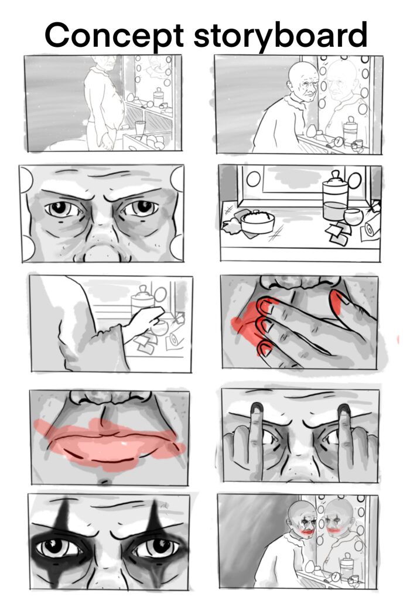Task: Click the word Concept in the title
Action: click(x=114, y=35)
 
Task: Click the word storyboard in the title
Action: click(x=281, y=35)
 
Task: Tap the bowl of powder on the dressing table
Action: click(x=257, y=221)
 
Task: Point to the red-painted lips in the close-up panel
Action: click(x=110, y=444)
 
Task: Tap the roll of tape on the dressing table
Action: click(x=370, y=228)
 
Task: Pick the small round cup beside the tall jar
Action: click(x=354, y=216)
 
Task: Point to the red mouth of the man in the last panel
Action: click(x=307, y=530)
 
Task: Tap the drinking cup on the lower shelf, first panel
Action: click(x=140, y=128)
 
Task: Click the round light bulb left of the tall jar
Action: click(x=254, y=179)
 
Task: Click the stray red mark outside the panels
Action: click(x=398, y=339)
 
